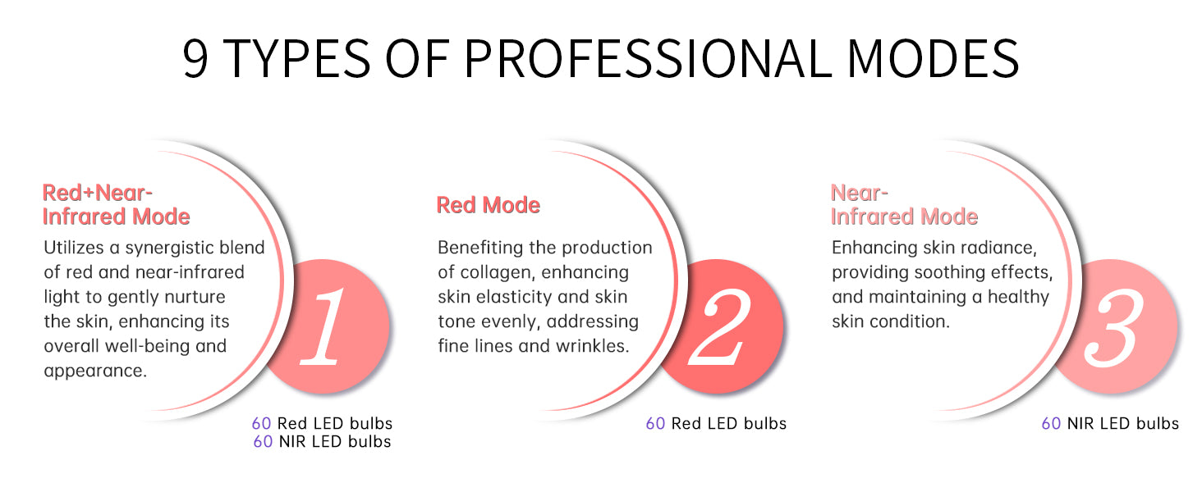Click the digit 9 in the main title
(195, 57)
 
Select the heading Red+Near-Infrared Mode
(116, 205)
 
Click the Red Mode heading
(488, 205)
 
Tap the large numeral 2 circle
(722, 326)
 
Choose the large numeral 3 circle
(1114, 326)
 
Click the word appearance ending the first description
(95, 371)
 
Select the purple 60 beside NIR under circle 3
(1051, 424)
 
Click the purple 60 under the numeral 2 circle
(655, 424)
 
